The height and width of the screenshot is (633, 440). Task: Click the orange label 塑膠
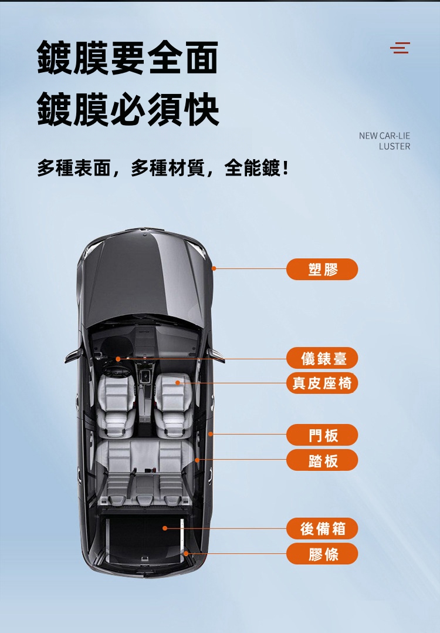click(322, 269)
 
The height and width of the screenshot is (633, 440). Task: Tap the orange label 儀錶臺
click(322, 358)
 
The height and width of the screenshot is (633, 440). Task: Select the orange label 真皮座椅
click(322, 383)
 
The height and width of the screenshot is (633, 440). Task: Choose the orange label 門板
click(322, 435)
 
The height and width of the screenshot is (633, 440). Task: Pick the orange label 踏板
click(322, 460)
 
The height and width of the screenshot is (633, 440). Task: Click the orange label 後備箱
click(322, 528)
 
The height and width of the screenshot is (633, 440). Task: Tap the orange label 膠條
click(322, 554)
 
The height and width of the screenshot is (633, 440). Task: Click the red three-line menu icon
click(400, 48)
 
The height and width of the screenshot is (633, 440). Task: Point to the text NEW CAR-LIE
click(384, 136)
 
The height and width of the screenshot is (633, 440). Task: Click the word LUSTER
click(394, 146)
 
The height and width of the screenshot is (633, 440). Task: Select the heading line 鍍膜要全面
click(128, 58)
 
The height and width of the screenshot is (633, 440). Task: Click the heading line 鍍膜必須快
click(128, 109)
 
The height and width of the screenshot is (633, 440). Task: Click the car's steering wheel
click(116, 371)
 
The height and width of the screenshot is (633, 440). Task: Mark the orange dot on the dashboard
click(118, 359)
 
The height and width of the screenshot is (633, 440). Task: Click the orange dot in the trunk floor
click(164, 528)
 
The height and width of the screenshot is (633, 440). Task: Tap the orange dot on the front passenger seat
click(177, 382)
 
